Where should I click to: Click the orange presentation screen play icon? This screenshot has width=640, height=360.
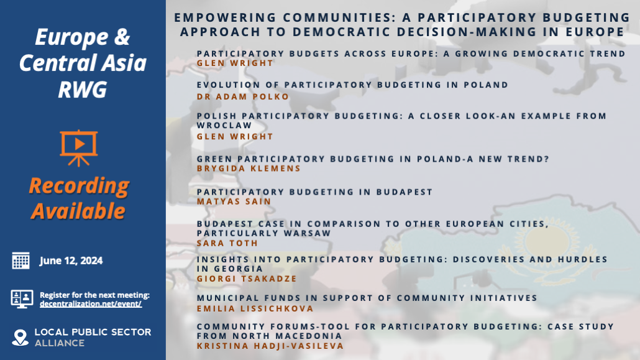pos(78,147)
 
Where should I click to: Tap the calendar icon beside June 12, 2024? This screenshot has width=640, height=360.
pos(21,261)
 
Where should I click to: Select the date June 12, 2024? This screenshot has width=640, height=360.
pos(71,261)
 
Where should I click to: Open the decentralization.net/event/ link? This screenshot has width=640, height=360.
pos(91,304)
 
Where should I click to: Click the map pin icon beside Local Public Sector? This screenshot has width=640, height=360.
pos(21,337)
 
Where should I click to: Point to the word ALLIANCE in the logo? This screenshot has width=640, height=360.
pos(60,343)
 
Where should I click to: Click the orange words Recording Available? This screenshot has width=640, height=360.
pos(78,198)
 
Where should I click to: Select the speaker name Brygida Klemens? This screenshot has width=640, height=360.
pos(249,168)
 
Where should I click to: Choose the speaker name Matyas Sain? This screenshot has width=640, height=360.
pos(234,201)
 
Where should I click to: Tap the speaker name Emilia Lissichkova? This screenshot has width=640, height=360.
pos(255,308)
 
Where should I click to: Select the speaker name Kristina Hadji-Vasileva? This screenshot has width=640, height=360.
pos(270,346)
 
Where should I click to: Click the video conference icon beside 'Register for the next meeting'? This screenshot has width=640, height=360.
pos(21,298)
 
